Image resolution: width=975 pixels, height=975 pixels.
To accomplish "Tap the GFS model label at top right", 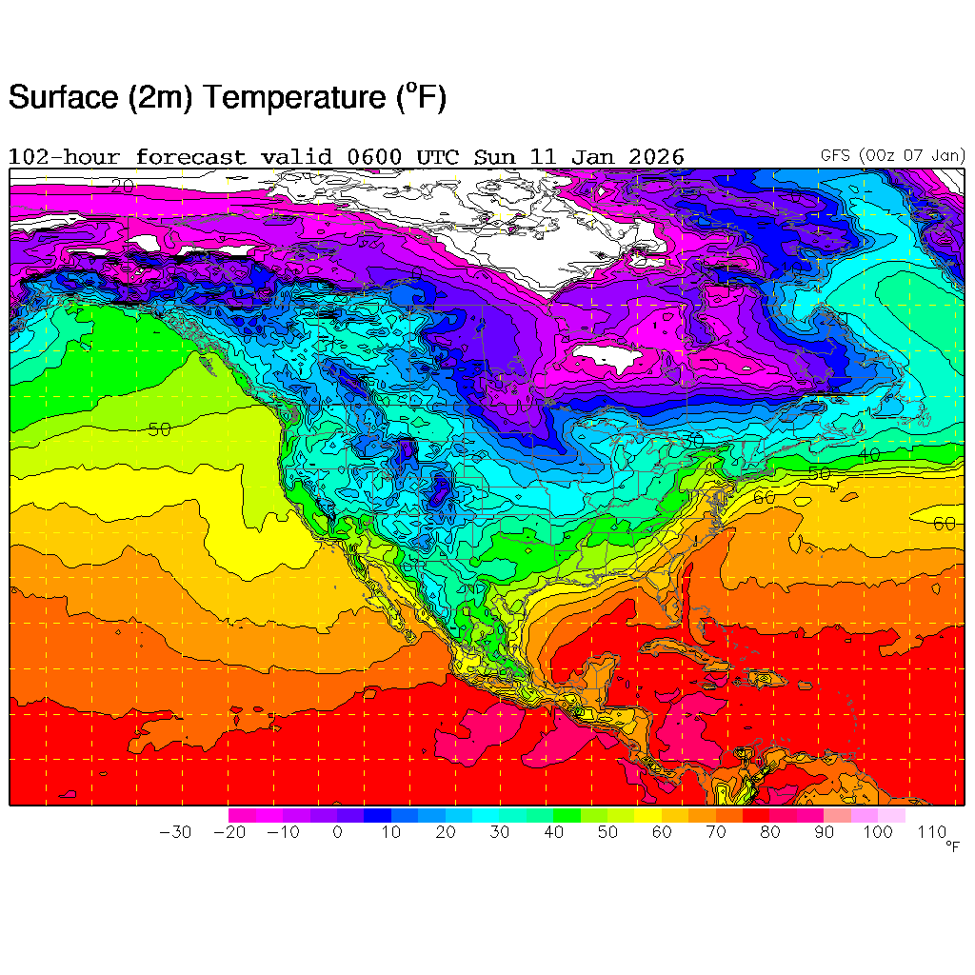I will click(837, 155).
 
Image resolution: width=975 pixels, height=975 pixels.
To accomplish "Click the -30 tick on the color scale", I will click(175, 832).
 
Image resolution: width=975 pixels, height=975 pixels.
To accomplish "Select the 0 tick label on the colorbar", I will click(337, 832).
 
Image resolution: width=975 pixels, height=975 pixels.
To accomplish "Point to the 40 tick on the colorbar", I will click(553, 832).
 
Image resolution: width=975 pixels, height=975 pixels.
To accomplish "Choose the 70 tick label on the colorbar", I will click(716, 832).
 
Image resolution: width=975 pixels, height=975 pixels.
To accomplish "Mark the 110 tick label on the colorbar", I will click(932, 832).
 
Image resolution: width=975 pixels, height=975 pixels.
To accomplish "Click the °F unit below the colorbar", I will click(953, 846).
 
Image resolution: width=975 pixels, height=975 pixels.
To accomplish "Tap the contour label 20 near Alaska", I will click(121, 186).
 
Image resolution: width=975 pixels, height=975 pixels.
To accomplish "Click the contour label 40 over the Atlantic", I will click(869, 456).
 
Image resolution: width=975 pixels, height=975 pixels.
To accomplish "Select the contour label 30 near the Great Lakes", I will click(692, 441).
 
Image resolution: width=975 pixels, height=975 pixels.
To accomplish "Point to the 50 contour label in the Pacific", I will click(159, 429).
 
